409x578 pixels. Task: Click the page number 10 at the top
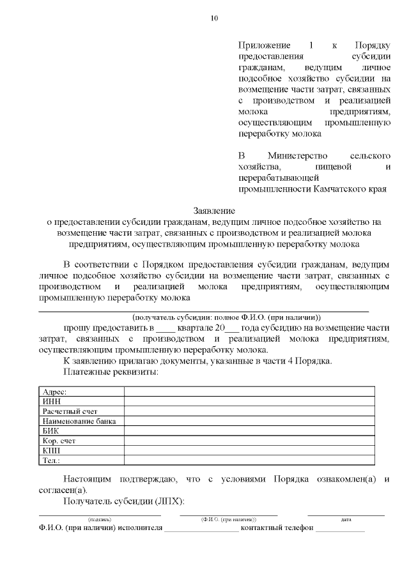pyautogui.click(x=213, y=18)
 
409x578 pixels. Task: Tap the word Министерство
pyautogui.click(x=298, y=156)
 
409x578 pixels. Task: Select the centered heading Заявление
pyautogui.click(x=214, y=211)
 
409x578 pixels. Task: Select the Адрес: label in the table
pyautogui.click(x=54, y=392)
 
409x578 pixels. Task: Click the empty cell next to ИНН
pyautogui.click(x=249, y=401)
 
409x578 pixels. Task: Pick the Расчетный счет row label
pyautogui.click(x=70, y=411)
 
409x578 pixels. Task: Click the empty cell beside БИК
pyautogui.click(x=249, y=430)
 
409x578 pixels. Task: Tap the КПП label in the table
pyautogui.click(x=51, y=450)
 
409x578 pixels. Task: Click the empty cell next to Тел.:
pyautogui.click(x=249, y=460)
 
